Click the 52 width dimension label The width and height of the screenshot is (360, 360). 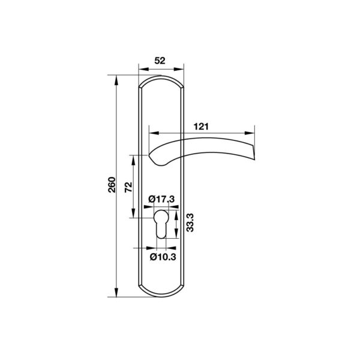(160, 61)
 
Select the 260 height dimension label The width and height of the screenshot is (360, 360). (112, 185)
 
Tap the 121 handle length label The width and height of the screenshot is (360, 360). (201, 127)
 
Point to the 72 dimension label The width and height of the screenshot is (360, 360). (128, 187)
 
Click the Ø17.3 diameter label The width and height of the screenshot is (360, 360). (161, 199)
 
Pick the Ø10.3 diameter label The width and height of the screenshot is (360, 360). (163, 257)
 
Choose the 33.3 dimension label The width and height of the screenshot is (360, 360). (190, 223)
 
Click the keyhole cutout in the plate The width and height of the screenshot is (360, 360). (161, 224)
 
